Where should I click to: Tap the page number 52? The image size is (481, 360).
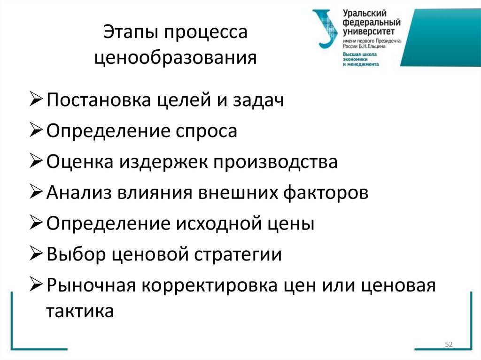coord(448,345)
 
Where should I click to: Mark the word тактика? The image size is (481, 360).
coord(80,311)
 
